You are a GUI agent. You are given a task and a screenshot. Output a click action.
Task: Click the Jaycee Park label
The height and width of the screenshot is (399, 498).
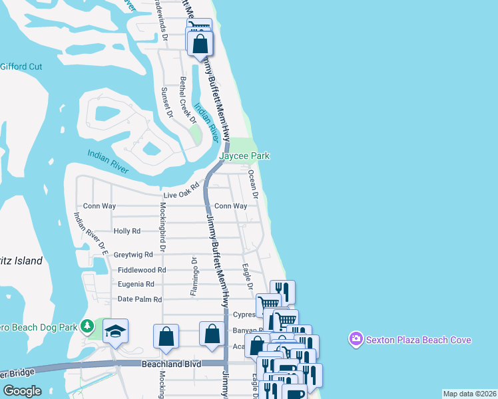pos(246,156)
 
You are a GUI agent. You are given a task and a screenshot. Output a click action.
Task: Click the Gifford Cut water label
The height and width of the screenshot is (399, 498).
pos(21,66)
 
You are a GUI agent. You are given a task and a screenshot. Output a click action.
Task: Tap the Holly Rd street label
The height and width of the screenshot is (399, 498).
pos(127,231)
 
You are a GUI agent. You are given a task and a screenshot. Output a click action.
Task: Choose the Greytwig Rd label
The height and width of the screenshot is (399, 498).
pos(133,254)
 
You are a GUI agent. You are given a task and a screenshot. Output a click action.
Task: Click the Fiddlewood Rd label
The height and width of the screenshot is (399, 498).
pos(141,270)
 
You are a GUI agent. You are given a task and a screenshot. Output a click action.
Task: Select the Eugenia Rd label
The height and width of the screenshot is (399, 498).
pos(136,284)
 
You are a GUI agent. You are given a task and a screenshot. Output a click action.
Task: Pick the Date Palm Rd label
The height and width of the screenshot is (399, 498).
pos(140,299)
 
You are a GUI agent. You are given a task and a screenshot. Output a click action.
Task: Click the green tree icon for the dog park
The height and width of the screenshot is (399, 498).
pos(87,326)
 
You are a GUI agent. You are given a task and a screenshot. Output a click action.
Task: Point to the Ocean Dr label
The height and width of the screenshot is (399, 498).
pos(253,183)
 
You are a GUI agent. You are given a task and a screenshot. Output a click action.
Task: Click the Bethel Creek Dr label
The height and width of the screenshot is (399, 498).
pos(188,100)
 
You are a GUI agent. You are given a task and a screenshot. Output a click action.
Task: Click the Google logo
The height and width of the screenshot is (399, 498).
pos(21,391)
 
